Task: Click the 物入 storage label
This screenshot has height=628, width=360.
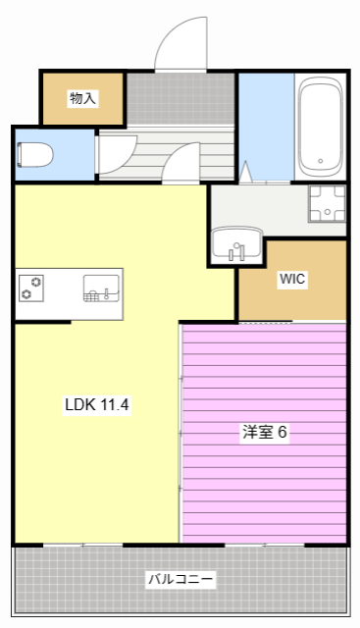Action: click(x=82, y=98)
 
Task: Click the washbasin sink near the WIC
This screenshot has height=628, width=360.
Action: click(x=236, y=242)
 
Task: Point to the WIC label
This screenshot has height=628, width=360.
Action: click(x=292, y=280)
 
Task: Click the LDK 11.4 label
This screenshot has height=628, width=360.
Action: click(x=97, y=404)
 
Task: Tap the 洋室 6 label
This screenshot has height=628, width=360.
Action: click(x=265, y=432)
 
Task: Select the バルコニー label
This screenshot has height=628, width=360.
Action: click(x=180, y=579)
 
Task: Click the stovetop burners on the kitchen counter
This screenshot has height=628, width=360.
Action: click(x=31, y=288)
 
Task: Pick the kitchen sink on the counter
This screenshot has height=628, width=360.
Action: click(x=101, y=288)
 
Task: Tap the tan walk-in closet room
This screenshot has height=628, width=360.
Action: click(x=292, y=294)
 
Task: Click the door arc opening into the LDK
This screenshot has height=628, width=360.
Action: click(x=182, y=164)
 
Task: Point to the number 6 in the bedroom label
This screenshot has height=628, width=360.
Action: click(x=283, y=432)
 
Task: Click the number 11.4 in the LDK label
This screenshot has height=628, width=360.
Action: click(x=114, y=404)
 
